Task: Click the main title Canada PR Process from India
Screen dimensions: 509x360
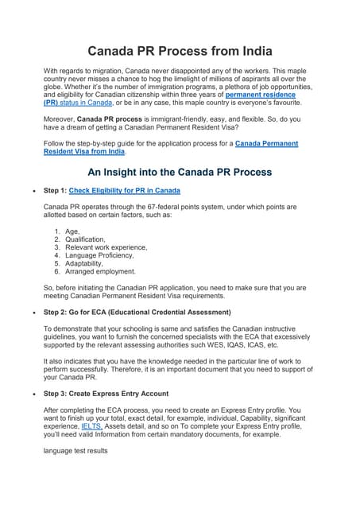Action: click(x=180, y=52)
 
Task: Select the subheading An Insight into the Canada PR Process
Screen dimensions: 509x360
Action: click(x=180, y=171)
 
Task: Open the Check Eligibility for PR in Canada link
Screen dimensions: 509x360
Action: click(x=124, y=191)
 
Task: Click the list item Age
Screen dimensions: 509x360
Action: click(x=72, y=232)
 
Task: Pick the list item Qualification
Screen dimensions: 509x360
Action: click(x=85, y=239)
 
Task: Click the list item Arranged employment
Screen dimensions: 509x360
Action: click(x=101, y=271)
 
